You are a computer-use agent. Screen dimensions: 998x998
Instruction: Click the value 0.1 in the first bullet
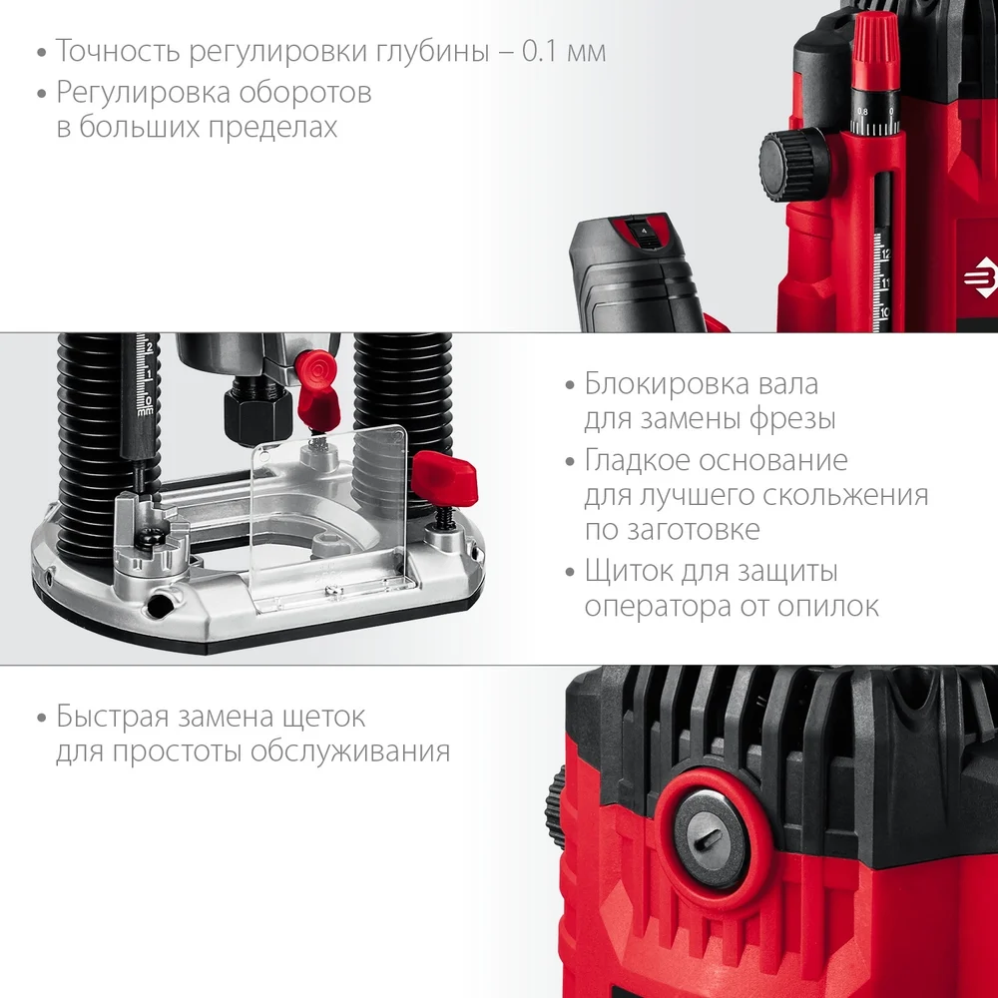[x=539, y=50]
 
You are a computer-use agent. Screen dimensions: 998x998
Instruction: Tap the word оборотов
[x=305, y=92]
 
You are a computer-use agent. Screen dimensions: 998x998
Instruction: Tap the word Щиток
[x=628, y=571]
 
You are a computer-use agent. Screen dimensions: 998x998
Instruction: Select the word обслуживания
[x=350, y=750]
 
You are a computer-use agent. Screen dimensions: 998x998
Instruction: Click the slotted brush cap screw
[x=711, y=839]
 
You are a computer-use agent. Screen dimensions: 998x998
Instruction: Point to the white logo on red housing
[x=979, y=278]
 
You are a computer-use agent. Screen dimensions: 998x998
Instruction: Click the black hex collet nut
[x=257, y=412]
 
